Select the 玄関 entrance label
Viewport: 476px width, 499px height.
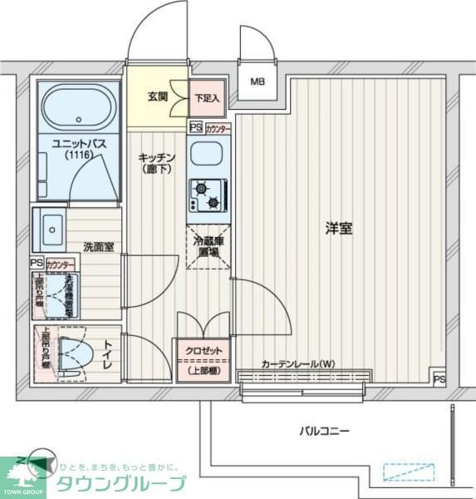[x=158, y=96]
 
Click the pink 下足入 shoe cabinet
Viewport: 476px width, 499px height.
[x=207, y=98]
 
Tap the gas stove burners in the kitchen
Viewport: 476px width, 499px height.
[x=208, y=195]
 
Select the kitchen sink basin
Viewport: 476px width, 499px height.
[x=205, y=154]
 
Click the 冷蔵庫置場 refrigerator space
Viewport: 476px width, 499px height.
[x=207, y=246]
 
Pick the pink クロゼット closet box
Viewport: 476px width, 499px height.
[x=204, y=359]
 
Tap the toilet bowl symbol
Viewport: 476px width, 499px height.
[x=73, y=356]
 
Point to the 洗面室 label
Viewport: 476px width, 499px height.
[x=98, y=247]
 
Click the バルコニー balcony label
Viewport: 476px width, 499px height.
[x=325, y=431]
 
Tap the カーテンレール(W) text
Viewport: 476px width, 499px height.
[x=298, y=363]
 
